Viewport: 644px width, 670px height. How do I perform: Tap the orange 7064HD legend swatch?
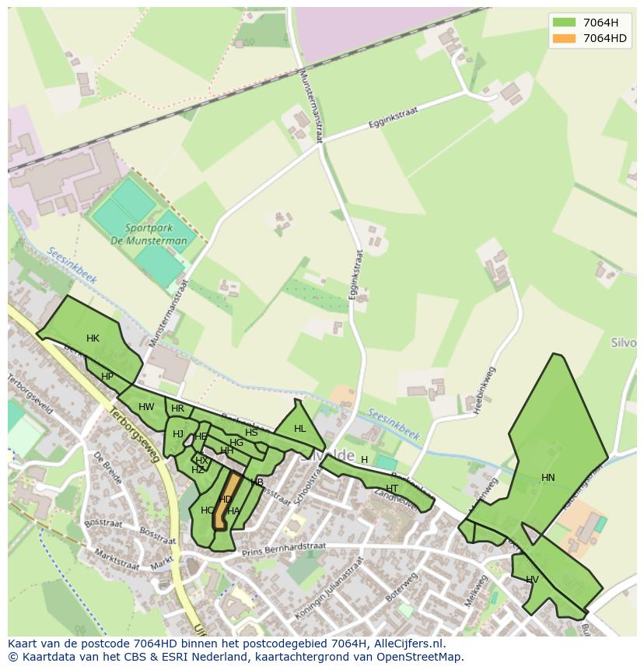[564, 38]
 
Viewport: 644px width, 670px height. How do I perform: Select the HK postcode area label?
[93, 339]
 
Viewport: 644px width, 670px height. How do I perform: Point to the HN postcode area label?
[548, 478]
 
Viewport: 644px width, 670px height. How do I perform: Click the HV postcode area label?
[532, 580]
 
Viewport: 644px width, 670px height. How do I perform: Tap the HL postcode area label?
[300, 429]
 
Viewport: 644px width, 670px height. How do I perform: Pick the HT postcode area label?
[392, 489]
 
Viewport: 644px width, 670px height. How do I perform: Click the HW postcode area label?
[146, 407]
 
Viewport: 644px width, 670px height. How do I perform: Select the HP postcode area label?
[107, 377]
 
